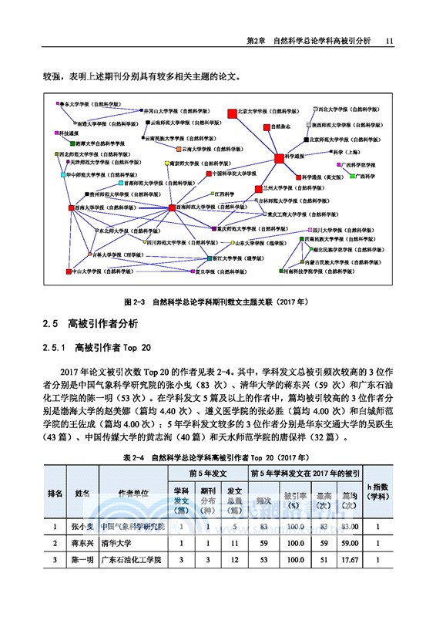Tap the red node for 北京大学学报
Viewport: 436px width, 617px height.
click(232, 116)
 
